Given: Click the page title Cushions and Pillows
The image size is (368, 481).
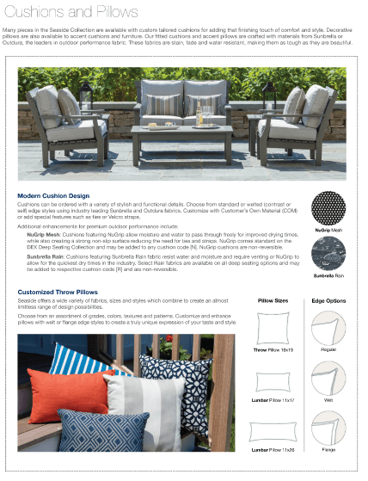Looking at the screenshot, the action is [x=70, y=12].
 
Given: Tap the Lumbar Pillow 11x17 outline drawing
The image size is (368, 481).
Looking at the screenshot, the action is [x=273, y=380].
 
